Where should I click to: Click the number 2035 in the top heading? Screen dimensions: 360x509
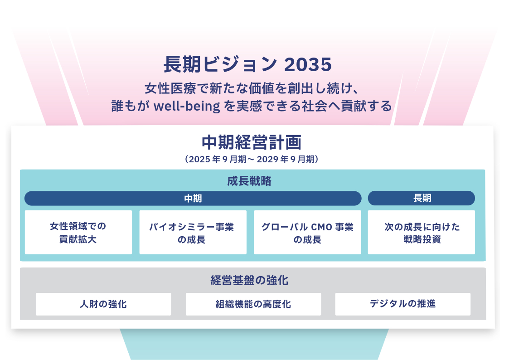tap(308, 65)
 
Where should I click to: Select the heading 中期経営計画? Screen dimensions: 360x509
tap(252, 142)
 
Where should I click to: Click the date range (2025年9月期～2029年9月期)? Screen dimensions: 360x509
tap(252, 159)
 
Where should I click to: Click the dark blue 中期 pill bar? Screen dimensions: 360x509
tap(193, 198)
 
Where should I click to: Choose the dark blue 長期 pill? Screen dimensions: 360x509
tap(422, 198)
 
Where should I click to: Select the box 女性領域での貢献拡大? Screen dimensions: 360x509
tap(78, 232)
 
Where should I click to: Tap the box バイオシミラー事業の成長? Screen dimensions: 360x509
tap(193, 232)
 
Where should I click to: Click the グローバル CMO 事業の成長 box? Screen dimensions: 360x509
tap(307, 232)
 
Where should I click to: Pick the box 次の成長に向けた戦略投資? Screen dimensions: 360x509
tap(422, 232)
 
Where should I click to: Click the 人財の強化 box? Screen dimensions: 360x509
tap(103, 304)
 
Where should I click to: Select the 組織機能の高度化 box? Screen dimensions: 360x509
tap(253, 304)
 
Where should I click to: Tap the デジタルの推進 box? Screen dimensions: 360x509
tap(402, 304)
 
